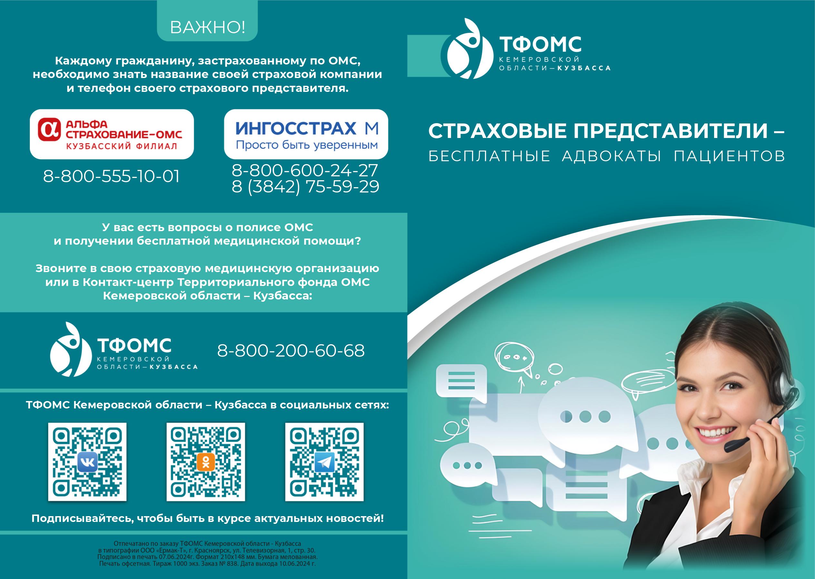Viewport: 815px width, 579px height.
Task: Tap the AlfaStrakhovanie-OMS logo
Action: point(112,134)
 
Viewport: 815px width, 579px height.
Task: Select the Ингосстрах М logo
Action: point(306,134)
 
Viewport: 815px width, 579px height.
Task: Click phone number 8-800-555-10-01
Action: point(111,176)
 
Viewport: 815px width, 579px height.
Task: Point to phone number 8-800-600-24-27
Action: point(305,171)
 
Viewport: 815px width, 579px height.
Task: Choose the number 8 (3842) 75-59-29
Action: point(305,186)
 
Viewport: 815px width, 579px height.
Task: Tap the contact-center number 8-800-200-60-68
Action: point(291,350)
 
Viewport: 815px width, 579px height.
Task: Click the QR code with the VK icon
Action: point(87,462)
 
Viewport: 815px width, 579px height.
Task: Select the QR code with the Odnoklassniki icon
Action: point(206,462)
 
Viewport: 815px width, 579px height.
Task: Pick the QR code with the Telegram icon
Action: point(324,462)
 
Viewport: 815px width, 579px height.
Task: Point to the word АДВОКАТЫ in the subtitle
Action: point(612,156)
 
